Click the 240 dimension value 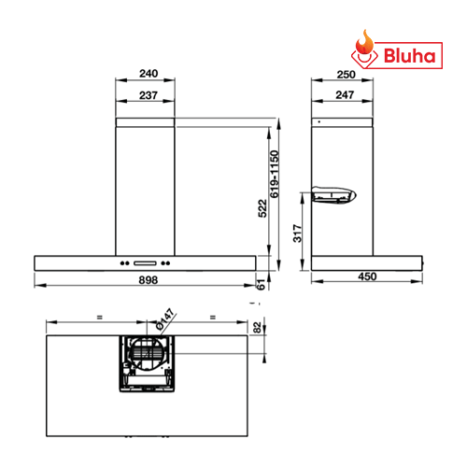coord(149,74)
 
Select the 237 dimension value coord(149,95)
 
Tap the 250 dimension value coord(346,75)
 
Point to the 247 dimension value coord(345,94)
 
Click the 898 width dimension coord(149,280)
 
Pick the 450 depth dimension coord(367,276)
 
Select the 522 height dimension coord(262,208)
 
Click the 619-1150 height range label coord(275,174)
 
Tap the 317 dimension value coord(298,233)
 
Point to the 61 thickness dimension coord(261,284)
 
